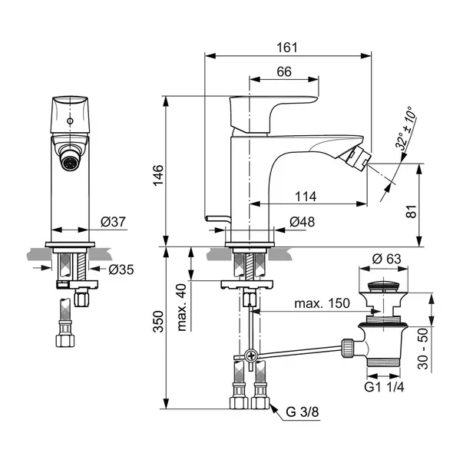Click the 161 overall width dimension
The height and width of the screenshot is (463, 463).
point(286,48)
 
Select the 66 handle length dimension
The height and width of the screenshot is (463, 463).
point(284,71)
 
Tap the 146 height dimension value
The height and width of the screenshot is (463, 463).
point(158,175)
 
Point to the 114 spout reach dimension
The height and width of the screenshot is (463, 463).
point(306,197)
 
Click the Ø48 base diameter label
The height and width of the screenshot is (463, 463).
point(302,222)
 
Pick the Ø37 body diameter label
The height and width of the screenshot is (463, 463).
point(113,221)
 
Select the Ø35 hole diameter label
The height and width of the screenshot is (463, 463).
point(121,270)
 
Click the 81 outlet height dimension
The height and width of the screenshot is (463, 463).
point(411,211)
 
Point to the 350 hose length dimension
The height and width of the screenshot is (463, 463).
point(158,322)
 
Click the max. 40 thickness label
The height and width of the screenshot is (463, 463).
point(182,307)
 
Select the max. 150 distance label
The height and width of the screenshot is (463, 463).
point(322,303)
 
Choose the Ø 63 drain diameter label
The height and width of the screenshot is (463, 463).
point(386,259)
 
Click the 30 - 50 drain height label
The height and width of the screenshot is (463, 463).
point(423,349)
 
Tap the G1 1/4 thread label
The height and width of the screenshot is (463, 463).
point(384,387)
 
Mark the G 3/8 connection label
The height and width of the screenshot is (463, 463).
point(303,412)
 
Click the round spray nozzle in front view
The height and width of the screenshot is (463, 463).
point(70,161)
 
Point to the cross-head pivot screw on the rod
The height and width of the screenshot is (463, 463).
point(251,356)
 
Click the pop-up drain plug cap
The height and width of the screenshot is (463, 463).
point(383,286)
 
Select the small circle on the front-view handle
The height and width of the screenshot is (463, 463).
point(70,121)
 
